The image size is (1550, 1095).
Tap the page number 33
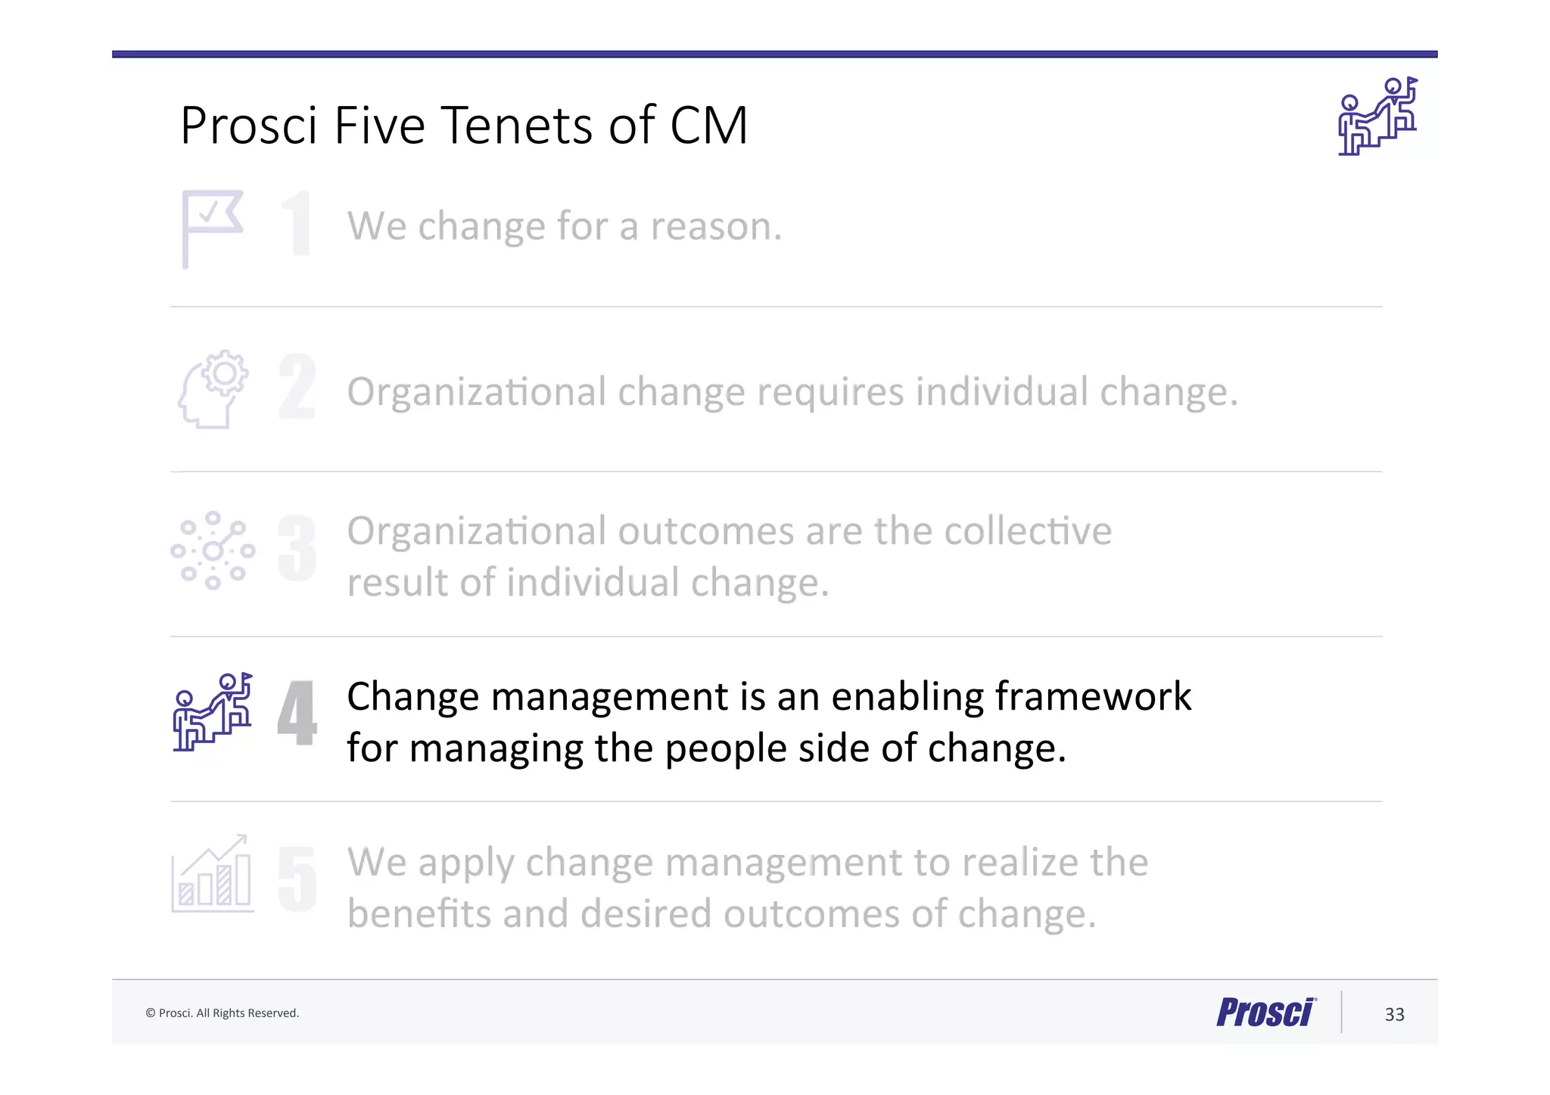tap(1394, 1014)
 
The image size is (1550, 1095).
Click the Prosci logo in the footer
tap(1266, 1013)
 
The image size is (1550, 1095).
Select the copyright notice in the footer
tap(222, 1013)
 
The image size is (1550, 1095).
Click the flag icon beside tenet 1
tap(212, 228)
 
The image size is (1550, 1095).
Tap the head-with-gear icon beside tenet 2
tap(213, 389)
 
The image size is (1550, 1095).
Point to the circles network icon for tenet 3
tap(213, 550)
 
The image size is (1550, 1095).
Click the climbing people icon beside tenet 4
tap(213, 711)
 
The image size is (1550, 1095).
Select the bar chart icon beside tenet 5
tap(213, 874)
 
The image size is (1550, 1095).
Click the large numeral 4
tap(297, 712)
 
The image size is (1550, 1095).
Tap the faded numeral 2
tap(297, 387)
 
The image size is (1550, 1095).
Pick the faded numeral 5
tap(297, 878)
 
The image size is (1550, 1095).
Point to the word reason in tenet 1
tap(715, 226)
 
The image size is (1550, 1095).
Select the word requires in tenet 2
tap(830, 393)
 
